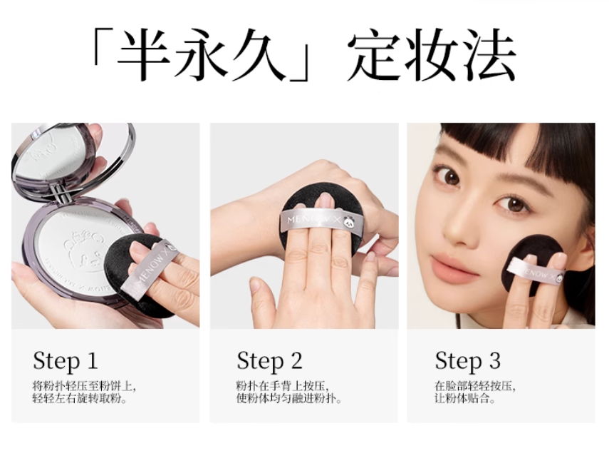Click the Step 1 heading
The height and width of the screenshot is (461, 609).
tap(65, 361)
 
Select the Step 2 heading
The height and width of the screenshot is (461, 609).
tap(269, 361)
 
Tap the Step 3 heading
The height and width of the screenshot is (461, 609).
tap(467, 361)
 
